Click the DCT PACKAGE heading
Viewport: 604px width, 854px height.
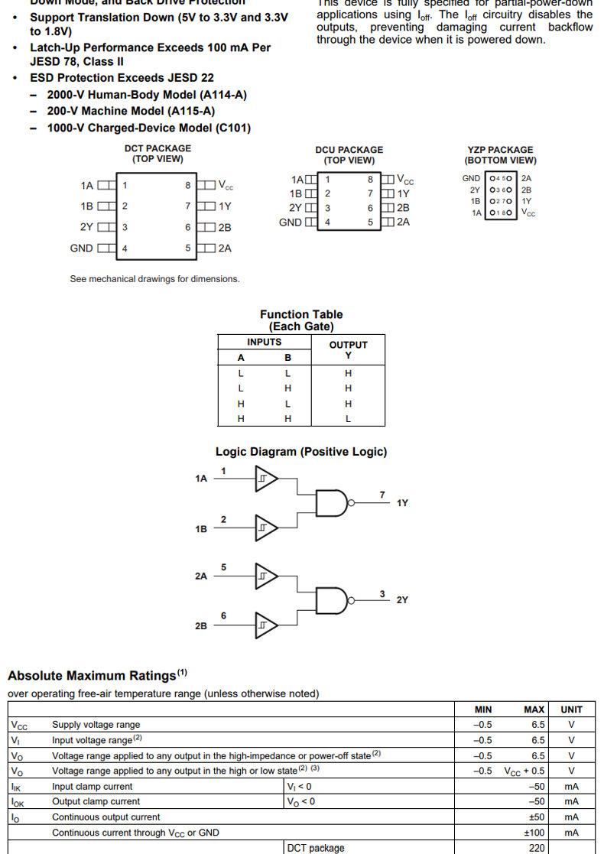pyautogui.click(x=157, y=148)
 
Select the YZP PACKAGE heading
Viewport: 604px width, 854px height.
pyautogui.click(x=500, y=150)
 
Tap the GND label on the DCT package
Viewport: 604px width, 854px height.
pyautogui.click(x=82, y=248)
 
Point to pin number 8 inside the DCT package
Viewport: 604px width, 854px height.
pyautogui.click(x=187, y=185)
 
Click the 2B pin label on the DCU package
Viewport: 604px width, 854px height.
pyautogui.click(x=403, y=207)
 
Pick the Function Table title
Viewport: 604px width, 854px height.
pyautogui.click(x=301, y=314)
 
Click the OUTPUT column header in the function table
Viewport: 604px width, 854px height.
pyautogui.click(x=348, y=345)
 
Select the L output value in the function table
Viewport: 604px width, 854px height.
pyautogui.click(x=348, y=419)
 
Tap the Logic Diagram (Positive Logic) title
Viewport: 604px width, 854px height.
pyautogui.click(x=301, y=452)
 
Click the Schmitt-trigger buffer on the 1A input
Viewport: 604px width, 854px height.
pyautogui.click(x=265, y=479)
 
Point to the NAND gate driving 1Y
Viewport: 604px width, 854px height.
pyautogui.click(x=332, y=503)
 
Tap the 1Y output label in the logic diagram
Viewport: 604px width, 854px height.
pyautogui.click(x=402, y=503)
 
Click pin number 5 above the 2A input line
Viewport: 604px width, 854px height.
pyautogui.click(x=223, y=567)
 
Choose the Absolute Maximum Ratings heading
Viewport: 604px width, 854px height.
pyautogui.click(x=92, y=676)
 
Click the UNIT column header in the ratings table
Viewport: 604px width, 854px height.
pyautogui.click(x=571, y=710)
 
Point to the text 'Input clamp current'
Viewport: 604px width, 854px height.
pyautogui.click(x=92, y=786)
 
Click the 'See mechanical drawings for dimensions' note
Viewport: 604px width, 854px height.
pyautogui.click(x=154, y=279)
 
